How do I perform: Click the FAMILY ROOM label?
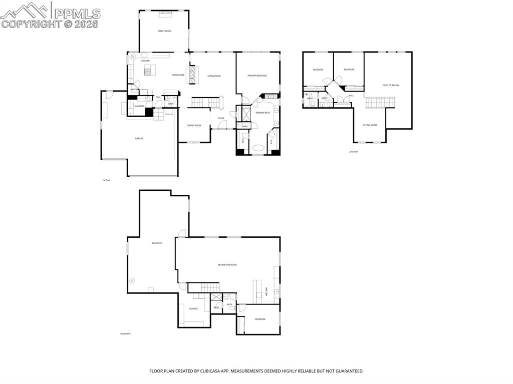coord(164,31)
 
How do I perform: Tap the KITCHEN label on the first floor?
coord(145,61)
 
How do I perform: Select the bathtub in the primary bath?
coord(259,148)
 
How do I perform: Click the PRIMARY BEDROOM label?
coord(257,76)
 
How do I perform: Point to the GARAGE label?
coord(139,138)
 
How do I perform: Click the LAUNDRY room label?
coord(140,106)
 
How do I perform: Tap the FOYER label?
coord(221,118)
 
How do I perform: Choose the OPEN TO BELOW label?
coord(391,85)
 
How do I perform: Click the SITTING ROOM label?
coord(370,125)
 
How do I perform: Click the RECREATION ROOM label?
coord(227,264)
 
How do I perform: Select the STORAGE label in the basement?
coord(193,309)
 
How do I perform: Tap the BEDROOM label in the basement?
coord(260,319)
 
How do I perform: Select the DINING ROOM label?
coord(194,125)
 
